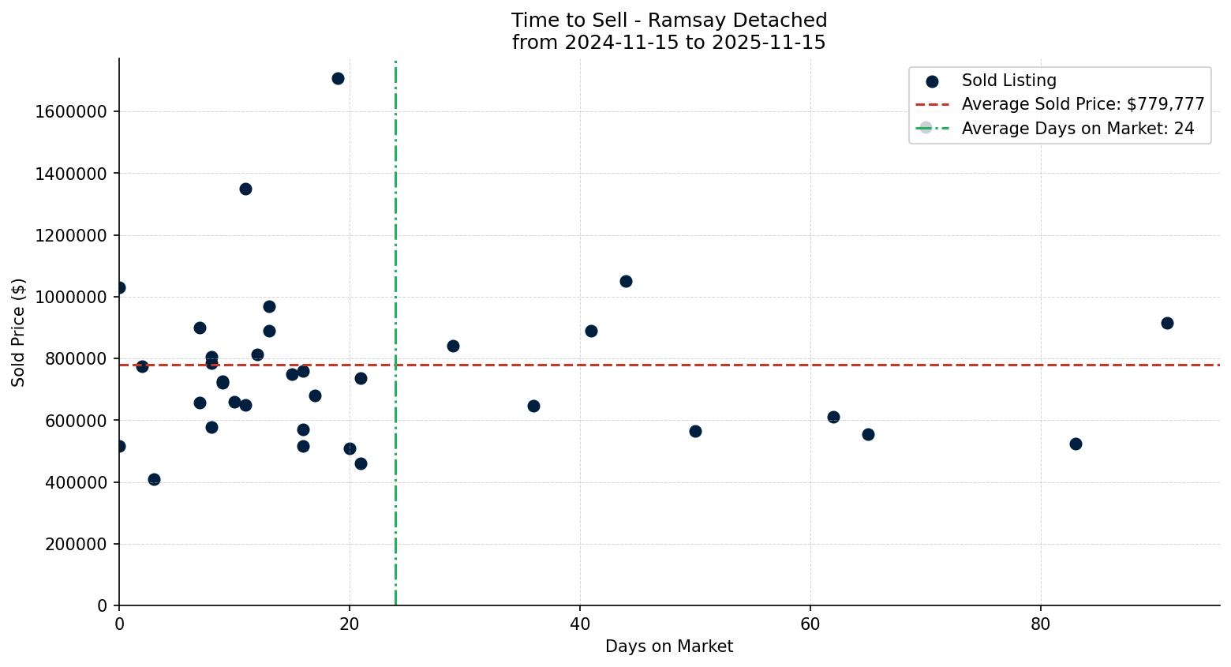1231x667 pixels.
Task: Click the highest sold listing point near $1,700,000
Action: pos(338,78)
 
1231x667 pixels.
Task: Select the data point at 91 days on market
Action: pos(1167,323)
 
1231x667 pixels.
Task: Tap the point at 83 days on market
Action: pos(1075,444)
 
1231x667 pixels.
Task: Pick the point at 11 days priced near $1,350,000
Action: pos(245,189)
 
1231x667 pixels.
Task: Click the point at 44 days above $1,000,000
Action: pos(626,281)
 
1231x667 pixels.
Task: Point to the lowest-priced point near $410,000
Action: pos(154,479)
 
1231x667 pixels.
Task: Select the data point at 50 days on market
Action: pos(695,431)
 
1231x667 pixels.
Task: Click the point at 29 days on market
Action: pos(453,346)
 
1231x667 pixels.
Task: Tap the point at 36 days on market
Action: pos(533,406)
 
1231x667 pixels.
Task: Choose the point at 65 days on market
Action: pos(868,434)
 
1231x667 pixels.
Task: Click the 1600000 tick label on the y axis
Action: pos(71,111)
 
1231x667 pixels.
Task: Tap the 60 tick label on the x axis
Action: pos(810,624)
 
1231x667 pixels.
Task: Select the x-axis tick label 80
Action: pos(1040,624)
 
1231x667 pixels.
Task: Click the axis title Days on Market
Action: pos(668,646)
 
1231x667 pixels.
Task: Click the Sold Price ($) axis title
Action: pos(19,332)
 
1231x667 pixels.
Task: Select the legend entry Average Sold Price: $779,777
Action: pos(1082,104)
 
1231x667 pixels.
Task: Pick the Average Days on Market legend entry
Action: pos(1077,129)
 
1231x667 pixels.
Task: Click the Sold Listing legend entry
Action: pos(1008,81)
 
